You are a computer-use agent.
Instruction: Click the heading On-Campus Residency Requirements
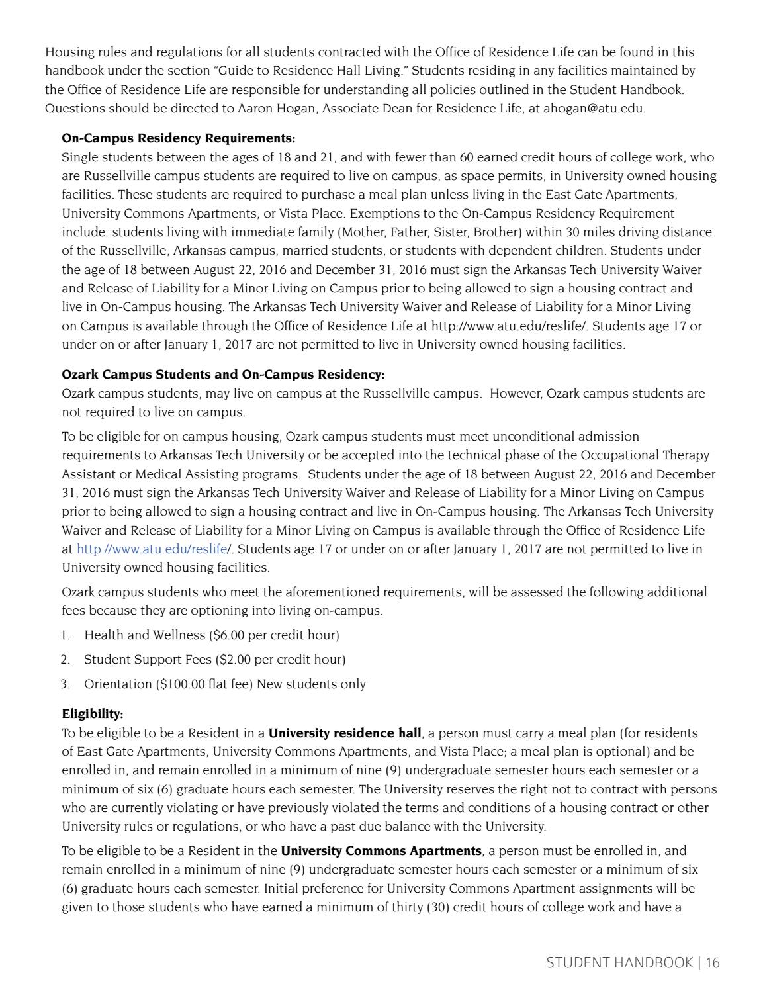click(178, 138)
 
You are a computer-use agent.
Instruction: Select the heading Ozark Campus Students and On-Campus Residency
click(222, 375)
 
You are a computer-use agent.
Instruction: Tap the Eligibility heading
click(92, 714)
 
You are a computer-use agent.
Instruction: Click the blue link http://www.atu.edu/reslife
click(152, 549)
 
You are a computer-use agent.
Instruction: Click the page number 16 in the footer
click(712, 963)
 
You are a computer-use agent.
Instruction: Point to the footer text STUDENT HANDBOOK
click(619, 963)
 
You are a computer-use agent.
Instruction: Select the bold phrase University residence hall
click(345, 733)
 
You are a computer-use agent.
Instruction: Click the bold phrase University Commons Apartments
click(381, 851)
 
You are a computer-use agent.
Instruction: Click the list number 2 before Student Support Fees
click(65, 660)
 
